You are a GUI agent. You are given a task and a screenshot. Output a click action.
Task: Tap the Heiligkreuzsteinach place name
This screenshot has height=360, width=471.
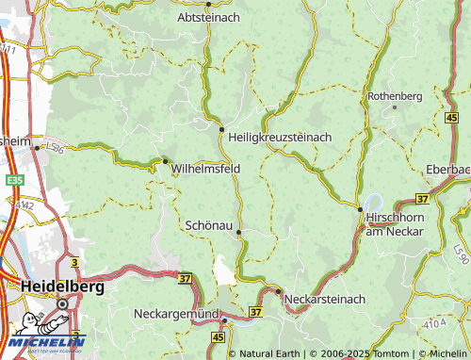pyautogui.click(x=280, y=138)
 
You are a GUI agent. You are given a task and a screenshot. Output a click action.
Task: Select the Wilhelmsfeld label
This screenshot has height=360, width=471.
pyautogui.click(x=206, y=169)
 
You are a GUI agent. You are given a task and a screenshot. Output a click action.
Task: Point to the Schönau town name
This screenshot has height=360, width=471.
pyautogui.click(x=208, y=225)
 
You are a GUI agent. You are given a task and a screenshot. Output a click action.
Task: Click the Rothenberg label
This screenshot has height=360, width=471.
pyautogui.click(x=395, y=96)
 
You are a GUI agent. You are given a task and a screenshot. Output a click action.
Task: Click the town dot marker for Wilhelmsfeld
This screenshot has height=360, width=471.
pyautogui.click(x=166, y=160)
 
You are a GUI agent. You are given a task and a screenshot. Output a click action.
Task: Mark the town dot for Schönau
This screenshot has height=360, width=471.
pyautogui.click(x=239, y=231)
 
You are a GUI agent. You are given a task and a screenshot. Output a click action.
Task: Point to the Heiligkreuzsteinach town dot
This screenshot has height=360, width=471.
pyautogui.click(x=221, y=129)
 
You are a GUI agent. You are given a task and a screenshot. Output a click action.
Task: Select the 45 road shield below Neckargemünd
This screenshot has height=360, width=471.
pyautogui.click(x=219, y=335)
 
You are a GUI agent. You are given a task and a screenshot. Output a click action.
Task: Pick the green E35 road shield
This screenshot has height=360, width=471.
pyautogui.click(x=14, y=179)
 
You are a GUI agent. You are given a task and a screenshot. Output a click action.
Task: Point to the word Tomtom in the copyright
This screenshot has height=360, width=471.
pyautogui.click(x=391, y=353)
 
